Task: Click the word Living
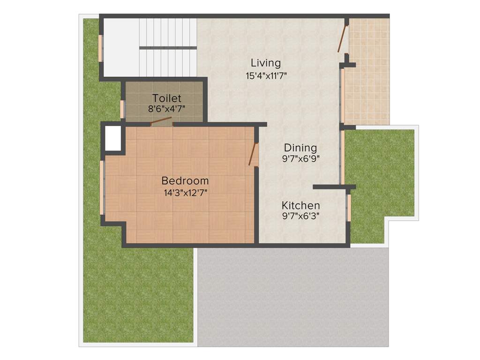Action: (265, 63)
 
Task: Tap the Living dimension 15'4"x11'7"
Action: (266, 75)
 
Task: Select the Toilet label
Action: (166, 98)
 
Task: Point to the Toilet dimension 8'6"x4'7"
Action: (166, 109)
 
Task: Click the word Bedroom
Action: (185, 180)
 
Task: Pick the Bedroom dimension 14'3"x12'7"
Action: (185, 192)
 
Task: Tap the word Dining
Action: (300, 148)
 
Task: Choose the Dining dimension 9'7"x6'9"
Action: (300, 159)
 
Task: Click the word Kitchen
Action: (300, 205)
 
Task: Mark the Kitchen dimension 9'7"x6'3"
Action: (300, 217)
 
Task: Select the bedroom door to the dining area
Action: (254, 154)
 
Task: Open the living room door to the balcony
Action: (343, 38)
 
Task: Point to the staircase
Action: (167, 47)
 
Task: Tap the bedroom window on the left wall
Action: (102, 187)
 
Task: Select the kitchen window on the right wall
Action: (349, 207)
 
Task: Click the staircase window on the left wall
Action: (100, 48)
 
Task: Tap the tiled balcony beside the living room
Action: (368, 70)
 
